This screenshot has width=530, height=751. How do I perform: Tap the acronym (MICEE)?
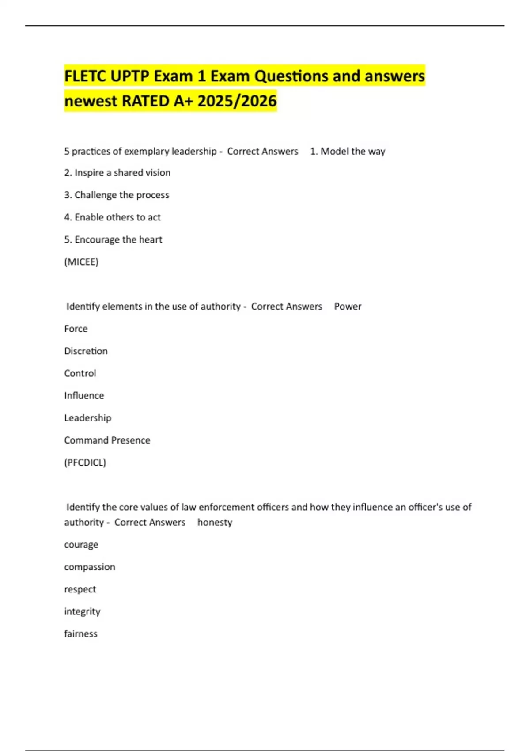(x=81, y=262)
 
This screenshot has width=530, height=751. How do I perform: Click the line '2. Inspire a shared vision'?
(x=117, y=173)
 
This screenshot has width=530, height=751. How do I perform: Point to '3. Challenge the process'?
(x=117, y=195)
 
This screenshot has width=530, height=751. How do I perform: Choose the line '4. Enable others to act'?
(x=112, y=217)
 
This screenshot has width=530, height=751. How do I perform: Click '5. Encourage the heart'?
(x=113, y=239)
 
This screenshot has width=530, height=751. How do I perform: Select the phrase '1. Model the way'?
(x=348, y=151)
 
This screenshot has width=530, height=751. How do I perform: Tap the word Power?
(x=348, y=307)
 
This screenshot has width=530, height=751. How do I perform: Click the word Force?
(x=76, y=329)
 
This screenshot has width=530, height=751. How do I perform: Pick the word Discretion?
(x=86, y=351)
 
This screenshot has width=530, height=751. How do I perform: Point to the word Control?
(x=80, y=373)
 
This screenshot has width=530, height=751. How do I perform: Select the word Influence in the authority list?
(x=84, y=396)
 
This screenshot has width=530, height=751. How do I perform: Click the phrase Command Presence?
(x=107, y=440)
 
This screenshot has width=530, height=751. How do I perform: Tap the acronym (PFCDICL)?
(x=85, y=463)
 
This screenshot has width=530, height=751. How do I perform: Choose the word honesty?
(x=215, y=522)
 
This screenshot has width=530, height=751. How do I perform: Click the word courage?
(x=81, y=545)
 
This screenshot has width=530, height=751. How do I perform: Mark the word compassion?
(x=90, y=567)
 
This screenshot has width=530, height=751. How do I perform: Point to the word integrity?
(x=82, y=611)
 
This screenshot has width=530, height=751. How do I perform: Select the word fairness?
(x=81, y=633)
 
